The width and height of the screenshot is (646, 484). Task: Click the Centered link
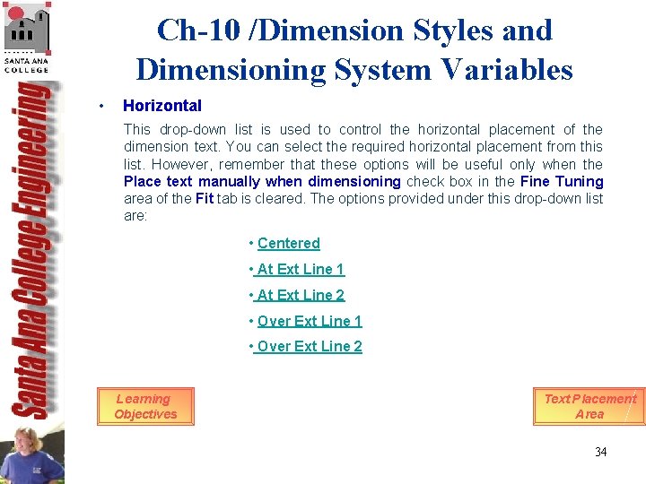pos(288,243)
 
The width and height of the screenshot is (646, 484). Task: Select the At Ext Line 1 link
pos(300,269)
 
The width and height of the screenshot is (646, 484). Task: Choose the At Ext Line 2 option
pos(300,295)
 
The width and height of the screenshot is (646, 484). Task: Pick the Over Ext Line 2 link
pos(309,347)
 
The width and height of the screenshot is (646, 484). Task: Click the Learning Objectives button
pos(145,406)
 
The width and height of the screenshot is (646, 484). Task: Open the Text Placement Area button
pos(589,406)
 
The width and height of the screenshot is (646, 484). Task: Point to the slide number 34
pos(600,452)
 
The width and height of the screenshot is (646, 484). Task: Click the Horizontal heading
pos(162,106)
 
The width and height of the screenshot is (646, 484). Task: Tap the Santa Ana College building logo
pos(26,31)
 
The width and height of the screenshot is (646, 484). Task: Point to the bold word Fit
pos(205,198)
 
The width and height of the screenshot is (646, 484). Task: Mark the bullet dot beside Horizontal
pos(104,106)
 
